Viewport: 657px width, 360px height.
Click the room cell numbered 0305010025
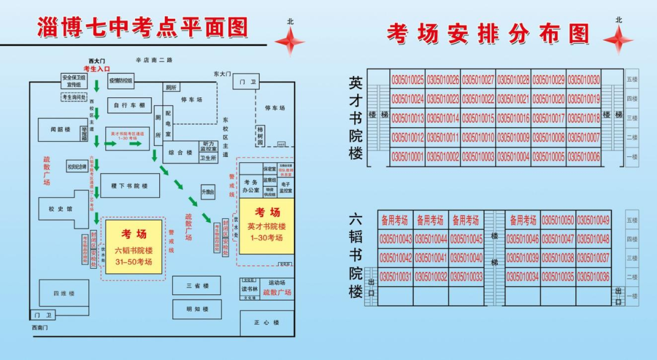click(x=408, y=80)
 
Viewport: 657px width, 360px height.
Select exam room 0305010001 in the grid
click(x=408, y=157)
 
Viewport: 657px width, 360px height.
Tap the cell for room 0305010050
click(x=558, y=220)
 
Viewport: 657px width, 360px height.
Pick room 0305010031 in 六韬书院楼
click(x=395, y=277)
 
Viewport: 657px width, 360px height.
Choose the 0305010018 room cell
click(x=584, y=119)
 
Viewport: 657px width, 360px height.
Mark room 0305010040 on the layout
click(x=467, y=258)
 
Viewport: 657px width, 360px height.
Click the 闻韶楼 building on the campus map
click(x=61, y=130)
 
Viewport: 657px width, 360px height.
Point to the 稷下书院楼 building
click(x=129, y=185)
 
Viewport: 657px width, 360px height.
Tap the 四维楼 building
click(x=63, y=294)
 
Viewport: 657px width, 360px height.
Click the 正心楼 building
click(x=266, y=323)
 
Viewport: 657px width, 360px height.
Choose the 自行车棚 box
click(x=129, y=105)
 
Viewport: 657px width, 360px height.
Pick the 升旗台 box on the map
click(x=208, y=192)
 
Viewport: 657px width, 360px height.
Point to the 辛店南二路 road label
click(x=154, y=60)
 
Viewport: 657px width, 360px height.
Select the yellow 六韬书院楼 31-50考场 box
click(x=134, y=247)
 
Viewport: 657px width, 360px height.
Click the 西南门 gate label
click(x=40, y=328)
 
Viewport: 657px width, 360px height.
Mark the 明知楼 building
click(x=197, y=309)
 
